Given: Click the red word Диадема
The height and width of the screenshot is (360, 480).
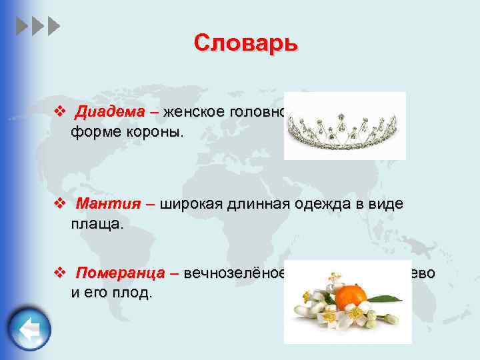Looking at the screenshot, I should (105, 111).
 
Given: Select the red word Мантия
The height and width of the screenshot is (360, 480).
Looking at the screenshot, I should (103, 204).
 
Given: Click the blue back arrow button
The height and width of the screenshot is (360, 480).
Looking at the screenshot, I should (30, 330).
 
